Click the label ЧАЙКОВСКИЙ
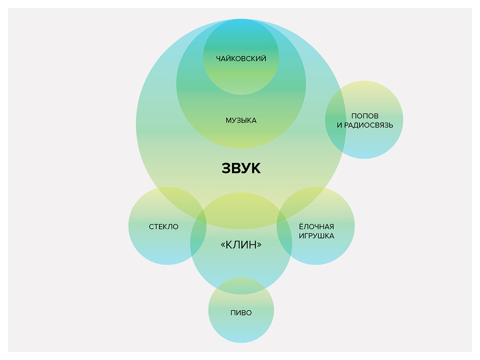tap(241, 59)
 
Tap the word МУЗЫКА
tap(241, 120)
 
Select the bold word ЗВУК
tap(241, 168)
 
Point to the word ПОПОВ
tap(365, 116)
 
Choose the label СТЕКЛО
tap(164, 227)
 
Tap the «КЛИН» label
tap(241, 245)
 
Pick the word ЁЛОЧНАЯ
tap(316, 227)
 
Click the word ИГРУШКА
tap(316, 236)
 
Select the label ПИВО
tap(241, 313)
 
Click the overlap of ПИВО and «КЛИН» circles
tap(241, 286)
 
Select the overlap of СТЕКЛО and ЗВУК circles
tap(180, 202)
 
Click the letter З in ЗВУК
tap(226, 168)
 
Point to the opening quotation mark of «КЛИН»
tap(223, 245)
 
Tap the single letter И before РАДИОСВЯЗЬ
tap(339, 125)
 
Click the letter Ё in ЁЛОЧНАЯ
tap(301, 226)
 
